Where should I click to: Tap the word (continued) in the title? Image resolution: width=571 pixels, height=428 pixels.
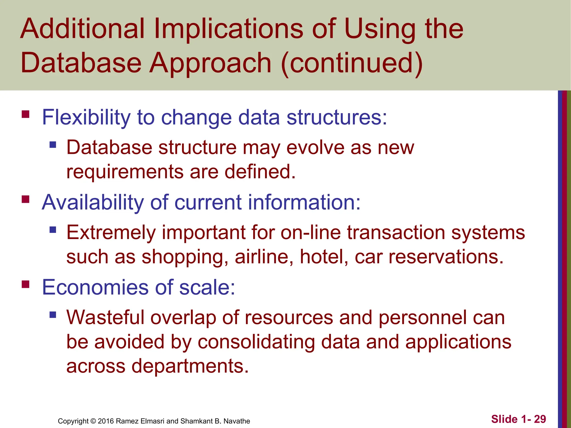(352, 63)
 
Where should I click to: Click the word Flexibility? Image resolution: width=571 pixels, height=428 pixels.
(86, 117)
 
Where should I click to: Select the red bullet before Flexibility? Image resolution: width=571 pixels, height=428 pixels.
(25, 115)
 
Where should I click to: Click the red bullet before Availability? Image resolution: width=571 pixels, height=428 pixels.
(25, 200)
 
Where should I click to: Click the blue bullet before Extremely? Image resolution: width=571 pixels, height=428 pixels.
(53, 230)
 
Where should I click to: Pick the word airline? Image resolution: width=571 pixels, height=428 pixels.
(264, 257)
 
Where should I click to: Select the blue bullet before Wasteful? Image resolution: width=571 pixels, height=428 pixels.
(53, 315)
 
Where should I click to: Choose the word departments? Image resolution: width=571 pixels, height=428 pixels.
(190, 366)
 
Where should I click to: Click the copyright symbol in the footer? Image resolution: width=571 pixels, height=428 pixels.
(93, 421)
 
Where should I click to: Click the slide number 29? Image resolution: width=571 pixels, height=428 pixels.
(540, 419)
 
